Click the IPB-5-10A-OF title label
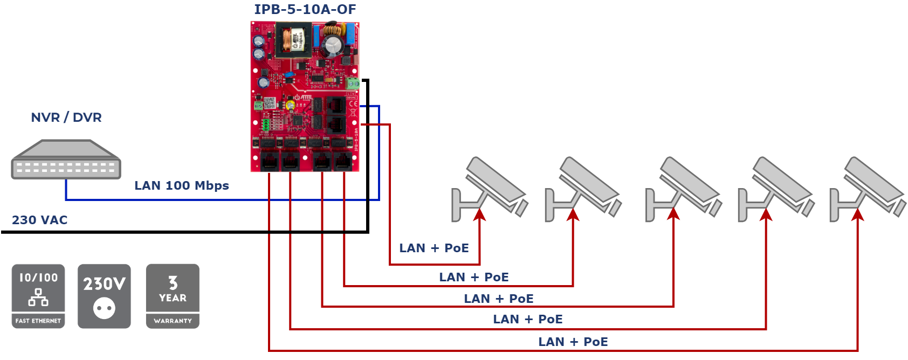point(305,9)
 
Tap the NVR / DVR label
point(66,117)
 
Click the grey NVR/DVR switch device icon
point(66,160)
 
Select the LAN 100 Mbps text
point(181,185)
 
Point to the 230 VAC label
point(39,220)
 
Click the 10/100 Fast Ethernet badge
point(38,296)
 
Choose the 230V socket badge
point(104,296)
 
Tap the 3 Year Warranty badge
point(173,296)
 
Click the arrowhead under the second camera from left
point(573,215)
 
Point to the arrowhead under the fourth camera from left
point(766,215)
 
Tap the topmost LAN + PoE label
point(434,248)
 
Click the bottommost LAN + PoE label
point(573,342)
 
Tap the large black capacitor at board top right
point(333,46)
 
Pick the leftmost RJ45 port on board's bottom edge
point(269,161)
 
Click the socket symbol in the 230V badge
point(104,308)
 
